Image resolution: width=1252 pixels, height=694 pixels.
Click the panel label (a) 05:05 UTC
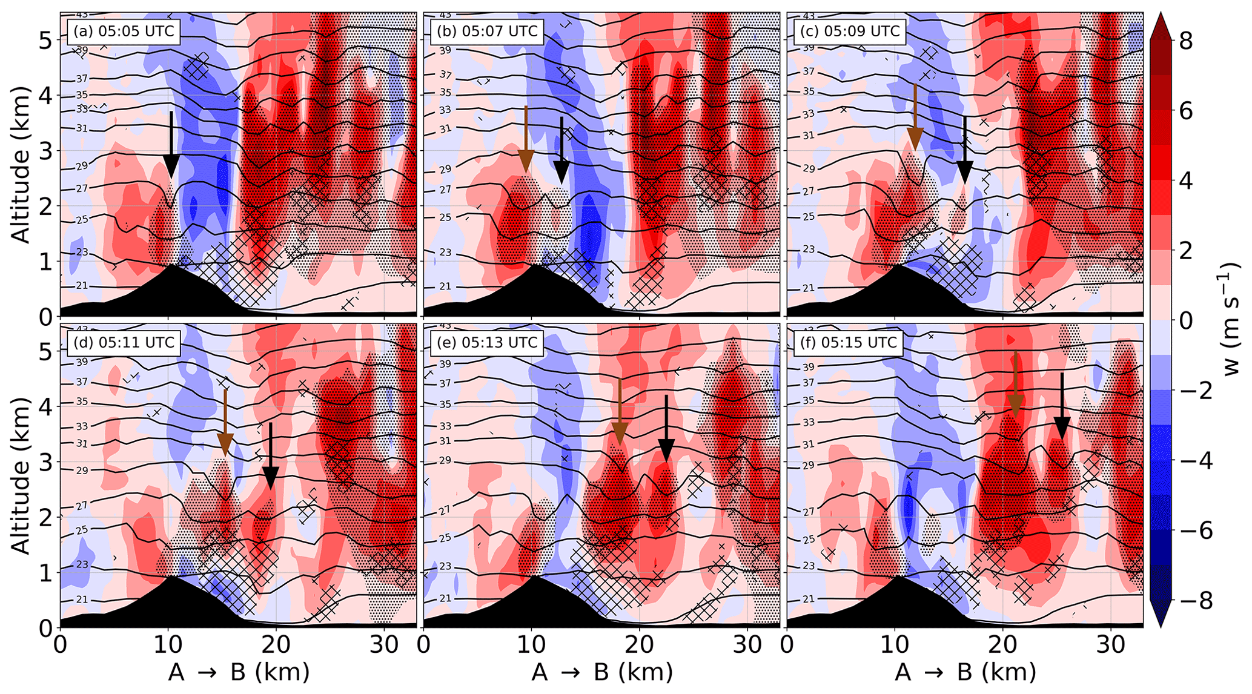coord(123,31)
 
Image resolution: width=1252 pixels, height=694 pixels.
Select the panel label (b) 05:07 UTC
coord(486,31)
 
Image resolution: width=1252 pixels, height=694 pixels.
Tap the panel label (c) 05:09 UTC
coord(849,31)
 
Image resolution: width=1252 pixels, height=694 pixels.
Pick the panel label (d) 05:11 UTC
coord(123,342)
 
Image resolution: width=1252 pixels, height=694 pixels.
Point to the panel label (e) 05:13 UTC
coord(486,342)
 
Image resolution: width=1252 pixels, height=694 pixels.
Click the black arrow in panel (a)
coord(171,145)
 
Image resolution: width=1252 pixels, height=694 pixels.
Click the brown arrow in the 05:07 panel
coord(526,139)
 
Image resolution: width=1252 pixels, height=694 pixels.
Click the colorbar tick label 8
coord(1185,41)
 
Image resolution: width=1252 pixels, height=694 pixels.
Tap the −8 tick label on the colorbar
coord(1188,601)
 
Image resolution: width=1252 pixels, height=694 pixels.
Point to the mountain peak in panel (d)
coord(174,577)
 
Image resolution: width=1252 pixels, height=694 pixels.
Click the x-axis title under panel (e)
coord(602,672)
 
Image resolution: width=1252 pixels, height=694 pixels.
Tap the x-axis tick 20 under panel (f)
coord(1002,644)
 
